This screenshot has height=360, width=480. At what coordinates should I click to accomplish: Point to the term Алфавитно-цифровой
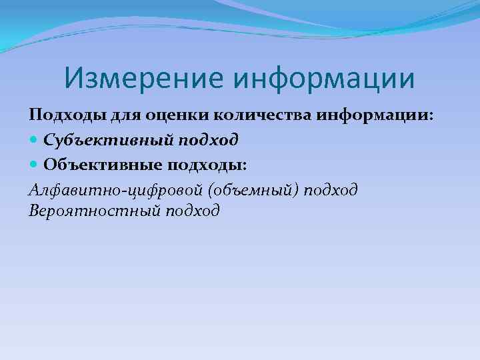pyautogui.click(x=116, y=190)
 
